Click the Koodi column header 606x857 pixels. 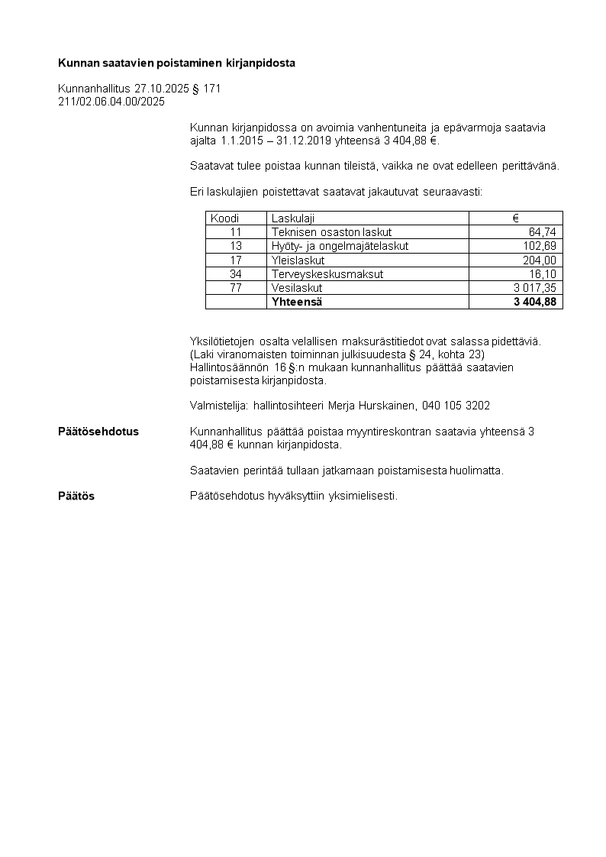224,218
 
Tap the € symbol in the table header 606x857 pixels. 515,218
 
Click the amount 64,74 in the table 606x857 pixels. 542,232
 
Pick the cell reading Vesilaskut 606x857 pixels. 297,288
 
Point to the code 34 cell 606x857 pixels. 235,274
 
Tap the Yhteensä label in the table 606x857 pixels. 297,302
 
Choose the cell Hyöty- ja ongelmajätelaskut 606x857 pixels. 340,246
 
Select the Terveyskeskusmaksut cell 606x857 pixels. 327,274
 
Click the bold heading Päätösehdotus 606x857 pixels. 98,432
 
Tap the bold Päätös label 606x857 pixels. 76,496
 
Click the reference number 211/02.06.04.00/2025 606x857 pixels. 111,101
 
